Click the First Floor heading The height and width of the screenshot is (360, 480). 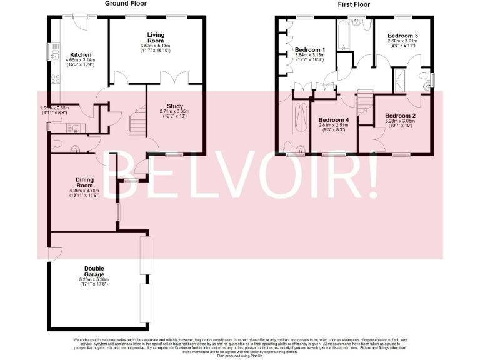354,4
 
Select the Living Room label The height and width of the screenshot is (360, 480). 155,37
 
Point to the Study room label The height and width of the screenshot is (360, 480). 176,106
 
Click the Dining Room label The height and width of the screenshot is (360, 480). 84,182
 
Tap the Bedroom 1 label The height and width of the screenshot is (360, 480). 311,49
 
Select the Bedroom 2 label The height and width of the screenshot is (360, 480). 400,116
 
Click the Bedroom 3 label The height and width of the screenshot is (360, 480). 402,35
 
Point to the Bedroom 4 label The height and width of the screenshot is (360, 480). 333,120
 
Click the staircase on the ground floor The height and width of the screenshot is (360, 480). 137,121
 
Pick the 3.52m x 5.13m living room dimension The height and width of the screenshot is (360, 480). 155,46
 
